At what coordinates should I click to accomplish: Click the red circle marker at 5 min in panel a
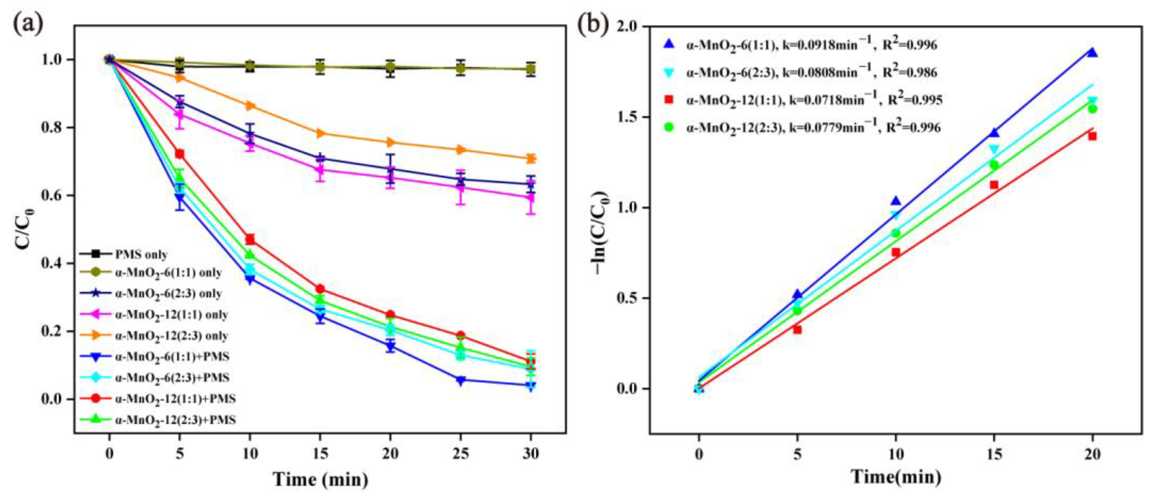point(180,154)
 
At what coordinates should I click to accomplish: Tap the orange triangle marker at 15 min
point(320,133)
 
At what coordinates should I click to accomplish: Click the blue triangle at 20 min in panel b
point(1092,53)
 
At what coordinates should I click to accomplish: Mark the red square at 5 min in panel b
point(797,329)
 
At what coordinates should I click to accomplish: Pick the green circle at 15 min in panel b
point(994,165)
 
